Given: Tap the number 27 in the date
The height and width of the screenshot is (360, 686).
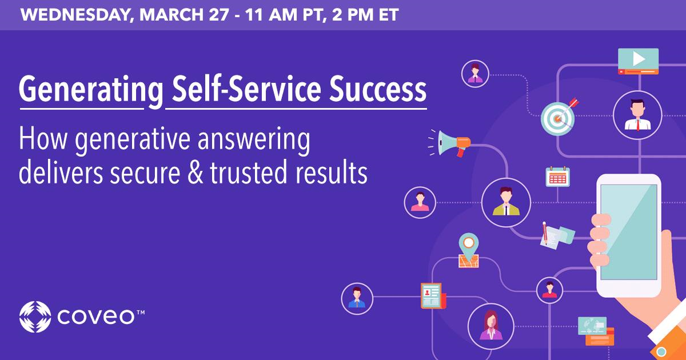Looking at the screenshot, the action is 218,15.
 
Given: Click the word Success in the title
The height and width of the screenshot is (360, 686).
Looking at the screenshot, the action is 377,89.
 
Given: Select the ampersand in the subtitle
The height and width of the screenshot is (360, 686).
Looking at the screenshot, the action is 196,173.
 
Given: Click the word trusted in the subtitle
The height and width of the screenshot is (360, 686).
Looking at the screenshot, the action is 248,173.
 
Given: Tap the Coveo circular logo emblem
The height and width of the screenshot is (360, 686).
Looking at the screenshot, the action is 35,317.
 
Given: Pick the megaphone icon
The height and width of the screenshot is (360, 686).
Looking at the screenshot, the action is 449,143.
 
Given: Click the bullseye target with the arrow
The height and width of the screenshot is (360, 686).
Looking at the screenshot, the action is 559,117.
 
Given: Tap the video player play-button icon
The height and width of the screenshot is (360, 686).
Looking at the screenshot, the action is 638,61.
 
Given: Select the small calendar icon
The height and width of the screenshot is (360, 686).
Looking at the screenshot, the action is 557,177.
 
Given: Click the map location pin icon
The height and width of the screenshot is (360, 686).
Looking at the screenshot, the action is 469,250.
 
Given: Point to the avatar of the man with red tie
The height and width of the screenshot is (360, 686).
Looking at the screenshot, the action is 638,115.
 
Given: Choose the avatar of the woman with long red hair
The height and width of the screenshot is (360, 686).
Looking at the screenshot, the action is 491,326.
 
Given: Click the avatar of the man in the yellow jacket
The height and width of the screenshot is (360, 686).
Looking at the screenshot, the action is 506,203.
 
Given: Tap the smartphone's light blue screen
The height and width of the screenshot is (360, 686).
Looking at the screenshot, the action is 629,233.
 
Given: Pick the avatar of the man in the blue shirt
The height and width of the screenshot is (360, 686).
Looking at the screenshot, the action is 357,299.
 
